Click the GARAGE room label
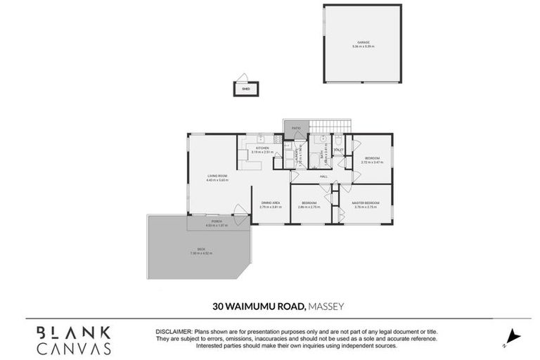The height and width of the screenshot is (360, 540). click(x=364, y=42)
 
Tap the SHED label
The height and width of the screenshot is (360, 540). click(x=246, y=89)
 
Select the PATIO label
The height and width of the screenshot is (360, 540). click(x=297, y=128)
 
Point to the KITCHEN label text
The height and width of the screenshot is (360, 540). click(x=262, y=148)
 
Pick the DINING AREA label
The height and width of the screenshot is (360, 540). click(x=270, y=202)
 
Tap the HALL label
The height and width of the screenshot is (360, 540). click(x=324, y=176)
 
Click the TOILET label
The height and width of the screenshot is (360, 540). click(x=338, y=149)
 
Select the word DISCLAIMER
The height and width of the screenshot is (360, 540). click(x=173, y=330)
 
